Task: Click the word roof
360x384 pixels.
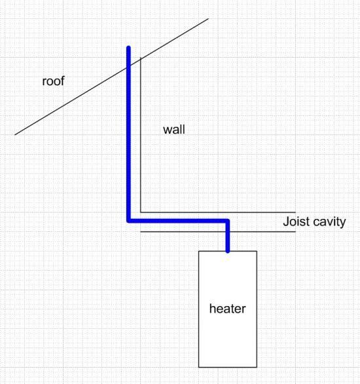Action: (53, 82)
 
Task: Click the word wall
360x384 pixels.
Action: (173, 130)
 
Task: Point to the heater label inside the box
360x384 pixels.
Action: (227, 309)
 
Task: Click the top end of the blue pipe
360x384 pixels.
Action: (128, 48)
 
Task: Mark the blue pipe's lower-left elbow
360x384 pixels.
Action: (129, 221)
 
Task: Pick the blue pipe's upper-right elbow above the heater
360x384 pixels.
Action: (227, 221)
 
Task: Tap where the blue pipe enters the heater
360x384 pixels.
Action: (227, 251)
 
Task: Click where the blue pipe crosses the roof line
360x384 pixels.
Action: (128, 66)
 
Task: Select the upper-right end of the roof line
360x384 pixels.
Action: (209, 18)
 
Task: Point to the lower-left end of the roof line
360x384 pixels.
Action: (15, 134)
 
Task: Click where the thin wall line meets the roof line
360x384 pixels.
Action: (141, 59)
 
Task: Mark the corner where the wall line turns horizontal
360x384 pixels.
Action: (141, 212)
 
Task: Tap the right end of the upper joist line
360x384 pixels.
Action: (279, 212)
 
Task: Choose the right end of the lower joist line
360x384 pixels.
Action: (279, 231)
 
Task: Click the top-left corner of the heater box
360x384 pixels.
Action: (199, 251)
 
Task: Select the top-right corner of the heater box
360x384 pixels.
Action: (257, 251)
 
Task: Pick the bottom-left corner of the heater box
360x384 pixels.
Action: (199, 366)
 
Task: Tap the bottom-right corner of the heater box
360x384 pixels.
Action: (257, 366)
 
